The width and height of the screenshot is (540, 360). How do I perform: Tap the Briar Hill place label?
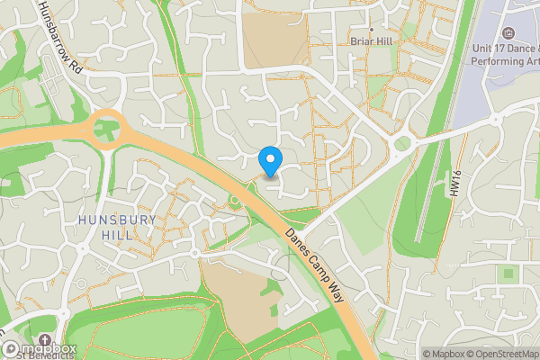371,41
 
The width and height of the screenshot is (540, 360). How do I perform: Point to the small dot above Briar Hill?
371,30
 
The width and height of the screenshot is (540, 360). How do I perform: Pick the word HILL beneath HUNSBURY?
117,235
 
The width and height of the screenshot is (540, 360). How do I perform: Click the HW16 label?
455,186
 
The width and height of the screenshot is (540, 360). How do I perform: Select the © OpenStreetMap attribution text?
502,354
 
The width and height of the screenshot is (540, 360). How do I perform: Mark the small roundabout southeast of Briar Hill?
401,144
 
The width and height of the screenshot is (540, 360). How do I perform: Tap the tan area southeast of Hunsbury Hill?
236,297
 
